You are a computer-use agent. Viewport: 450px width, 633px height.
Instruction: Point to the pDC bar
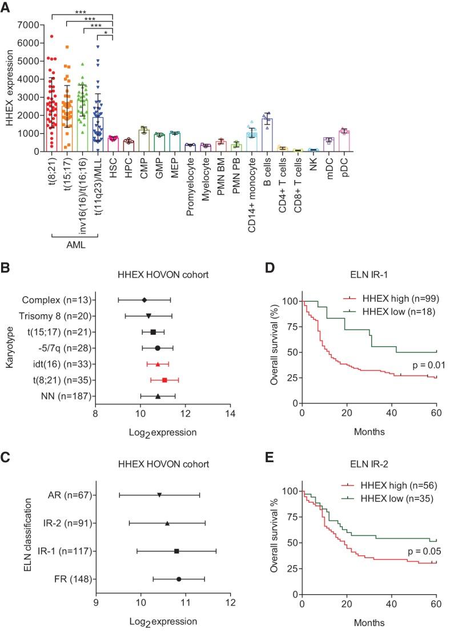(x=343, y=141)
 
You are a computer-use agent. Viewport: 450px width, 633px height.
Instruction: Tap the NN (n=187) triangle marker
(x=158, y=396)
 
